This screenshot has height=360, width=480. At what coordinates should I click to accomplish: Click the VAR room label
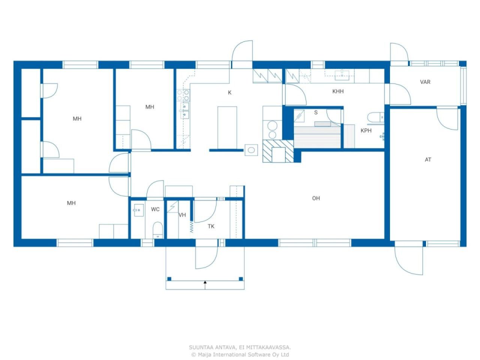coord(425,82)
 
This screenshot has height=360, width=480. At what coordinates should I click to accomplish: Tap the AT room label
coord(428,160)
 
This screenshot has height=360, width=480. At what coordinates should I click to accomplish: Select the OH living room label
coord(316,198)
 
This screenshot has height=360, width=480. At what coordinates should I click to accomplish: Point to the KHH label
coord(338,91)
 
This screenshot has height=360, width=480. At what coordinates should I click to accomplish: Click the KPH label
coord(366,131)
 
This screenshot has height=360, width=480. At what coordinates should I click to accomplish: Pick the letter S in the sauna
coord(316,112)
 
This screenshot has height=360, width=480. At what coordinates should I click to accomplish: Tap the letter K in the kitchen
coord(229,93)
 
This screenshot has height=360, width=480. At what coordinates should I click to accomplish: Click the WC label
coord(155,209)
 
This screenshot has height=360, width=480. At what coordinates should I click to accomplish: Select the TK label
coord(211,226)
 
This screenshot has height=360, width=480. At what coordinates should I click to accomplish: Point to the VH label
coord(182,215)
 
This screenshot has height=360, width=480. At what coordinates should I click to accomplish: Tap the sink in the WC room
coord(138,210)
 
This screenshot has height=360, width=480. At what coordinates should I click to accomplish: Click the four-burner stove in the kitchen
coord(183,96)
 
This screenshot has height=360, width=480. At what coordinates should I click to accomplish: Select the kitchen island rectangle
coord(227,128)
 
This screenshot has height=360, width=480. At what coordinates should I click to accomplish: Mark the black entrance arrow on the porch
coord(205,282)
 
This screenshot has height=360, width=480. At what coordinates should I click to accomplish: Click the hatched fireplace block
coord(278,151)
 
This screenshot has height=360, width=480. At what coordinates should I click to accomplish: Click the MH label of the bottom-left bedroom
coord(71,203)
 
